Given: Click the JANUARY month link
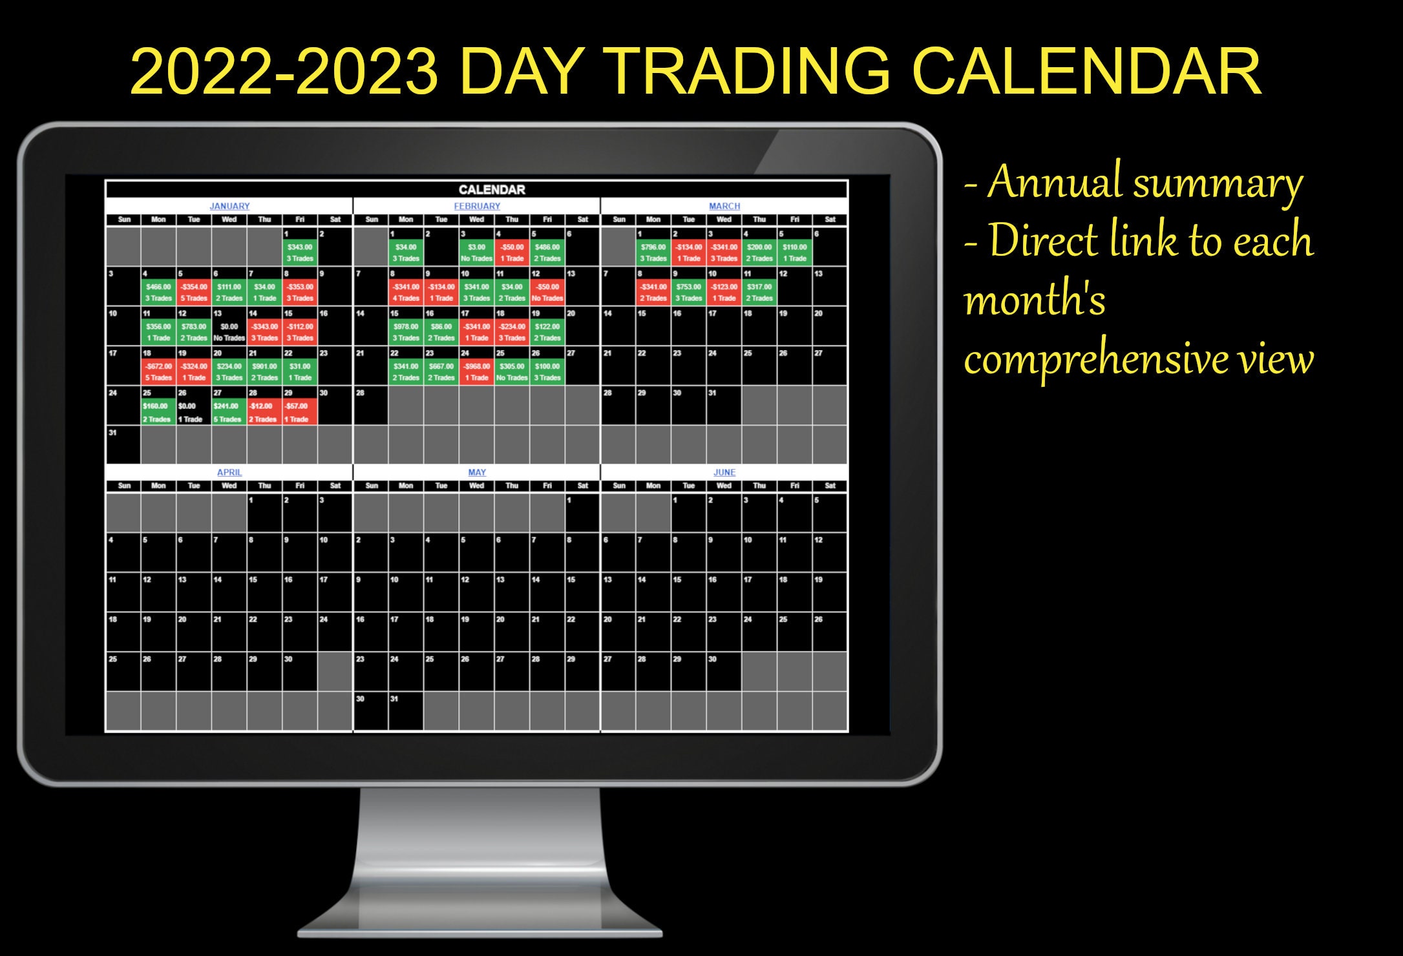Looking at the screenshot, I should (x=229, y=206).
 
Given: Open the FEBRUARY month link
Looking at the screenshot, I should (x=477, y=206).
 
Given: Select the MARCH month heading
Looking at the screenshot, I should (x=724, y=206).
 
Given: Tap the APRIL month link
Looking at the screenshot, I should (x=229, y=472).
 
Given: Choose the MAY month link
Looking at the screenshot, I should (x=477, y=472).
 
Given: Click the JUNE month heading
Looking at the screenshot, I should (x=724, y=472).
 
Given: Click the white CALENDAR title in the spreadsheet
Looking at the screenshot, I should (x=492, y=189).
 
